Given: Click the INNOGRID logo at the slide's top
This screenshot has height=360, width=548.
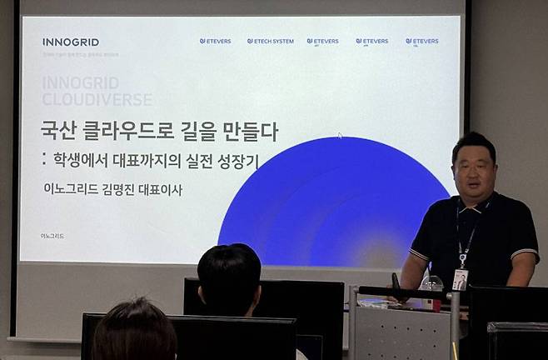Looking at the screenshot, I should click(70, 42).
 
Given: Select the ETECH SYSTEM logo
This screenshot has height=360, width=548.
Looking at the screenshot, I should click(271, 41).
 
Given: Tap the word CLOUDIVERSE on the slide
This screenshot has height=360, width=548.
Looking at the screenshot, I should click(97, 99).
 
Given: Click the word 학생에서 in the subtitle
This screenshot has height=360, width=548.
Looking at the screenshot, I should click(94, 161).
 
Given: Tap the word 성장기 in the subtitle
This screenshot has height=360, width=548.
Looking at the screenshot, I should click(236, 161).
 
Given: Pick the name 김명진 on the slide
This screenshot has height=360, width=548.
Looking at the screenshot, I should click(122, 189).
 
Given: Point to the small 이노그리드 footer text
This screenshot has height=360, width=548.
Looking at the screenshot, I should click(52, 236).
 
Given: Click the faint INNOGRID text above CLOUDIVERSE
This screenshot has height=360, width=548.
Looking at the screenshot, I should click(80, 83).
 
